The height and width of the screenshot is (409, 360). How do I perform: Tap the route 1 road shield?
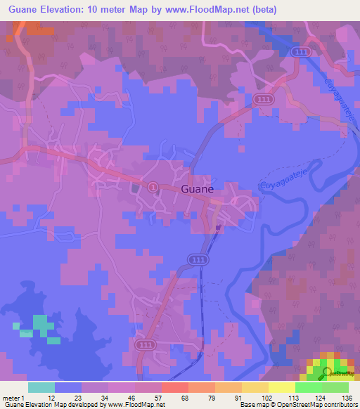[153, 186]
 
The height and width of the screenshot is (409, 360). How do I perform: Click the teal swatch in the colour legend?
[41, 387]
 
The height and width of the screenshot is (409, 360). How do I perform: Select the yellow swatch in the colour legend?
[282, 387]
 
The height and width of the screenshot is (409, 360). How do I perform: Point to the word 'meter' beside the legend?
[12, 398]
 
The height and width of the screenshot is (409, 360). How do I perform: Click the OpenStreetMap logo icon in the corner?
[328, 372]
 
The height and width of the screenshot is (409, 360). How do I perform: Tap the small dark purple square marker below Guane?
[218, 226]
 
